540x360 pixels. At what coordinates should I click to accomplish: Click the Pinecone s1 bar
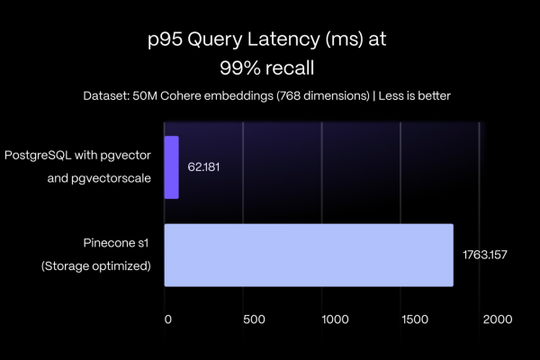[309, 255]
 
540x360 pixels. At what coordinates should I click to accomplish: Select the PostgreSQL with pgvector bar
[172, 167]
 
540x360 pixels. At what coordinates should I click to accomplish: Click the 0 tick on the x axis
[167, 319]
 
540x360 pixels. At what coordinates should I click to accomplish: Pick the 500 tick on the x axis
[254, 319]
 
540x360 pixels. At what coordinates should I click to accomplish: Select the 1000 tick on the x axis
[335, 319]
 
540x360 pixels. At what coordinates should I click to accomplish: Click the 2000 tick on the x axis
[496, 319]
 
